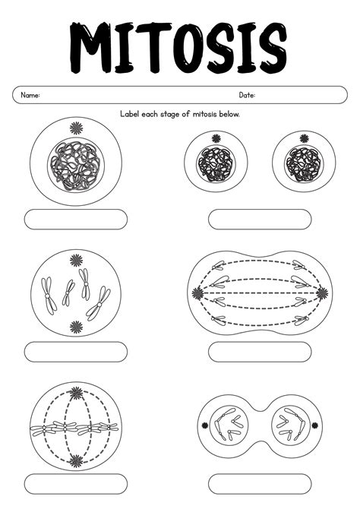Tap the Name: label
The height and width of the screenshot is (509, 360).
30,96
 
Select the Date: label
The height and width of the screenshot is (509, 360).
247,96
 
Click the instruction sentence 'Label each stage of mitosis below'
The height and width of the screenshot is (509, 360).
180,114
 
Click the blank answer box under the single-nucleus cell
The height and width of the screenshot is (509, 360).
76,220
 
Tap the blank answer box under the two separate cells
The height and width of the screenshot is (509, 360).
260,220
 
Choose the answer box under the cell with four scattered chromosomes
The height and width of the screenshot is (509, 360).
76,352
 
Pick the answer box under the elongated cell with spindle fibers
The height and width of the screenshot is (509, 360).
260,352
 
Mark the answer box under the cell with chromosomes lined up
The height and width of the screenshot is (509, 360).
76,483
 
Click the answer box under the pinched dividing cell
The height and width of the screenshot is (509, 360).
260,483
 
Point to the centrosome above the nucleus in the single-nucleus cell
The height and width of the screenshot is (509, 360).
76,128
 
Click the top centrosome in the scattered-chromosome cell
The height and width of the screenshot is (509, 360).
76,261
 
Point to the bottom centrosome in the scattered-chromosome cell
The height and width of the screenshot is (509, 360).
76,327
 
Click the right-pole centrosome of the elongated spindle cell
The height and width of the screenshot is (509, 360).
322,292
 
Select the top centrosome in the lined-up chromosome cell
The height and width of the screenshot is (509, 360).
76,394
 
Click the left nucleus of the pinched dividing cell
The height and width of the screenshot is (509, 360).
226,425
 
